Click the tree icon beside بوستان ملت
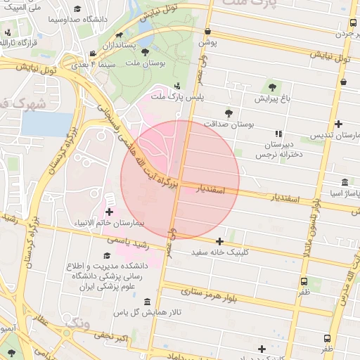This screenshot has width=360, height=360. (x=146, y=52)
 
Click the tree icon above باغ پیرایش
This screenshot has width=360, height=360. (x=272, y=87)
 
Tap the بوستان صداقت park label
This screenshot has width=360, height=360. (x=228, y=123)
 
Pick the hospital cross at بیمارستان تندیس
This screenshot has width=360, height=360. (x=339, y=124)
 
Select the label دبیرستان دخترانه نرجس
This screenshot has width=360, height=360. (x=278, y=148)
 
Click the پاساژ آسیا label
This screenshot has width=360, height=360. (x=341, y=192)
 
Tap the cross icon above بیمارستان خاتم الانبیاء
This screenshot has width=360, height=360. (x=109, y=211)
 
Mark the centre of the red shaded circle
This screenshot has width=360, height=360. (x=180, y=179)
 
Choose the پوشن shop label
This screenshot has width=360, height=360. (x=208, y=42)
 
